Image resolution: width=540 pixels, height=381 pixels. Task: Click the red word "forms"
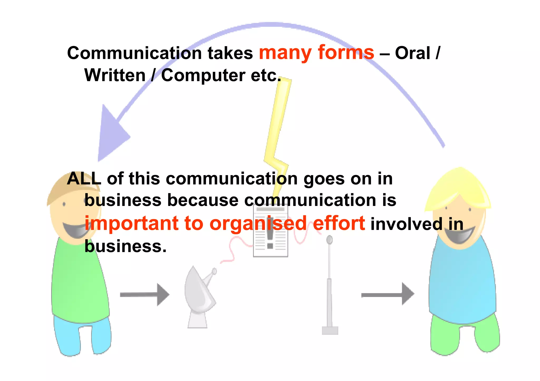[346, 53]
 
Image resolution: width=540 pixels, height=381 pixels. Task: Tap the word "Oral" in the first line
[413, 53]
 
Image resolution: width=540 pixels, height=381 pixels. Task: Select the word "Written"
[115, 75]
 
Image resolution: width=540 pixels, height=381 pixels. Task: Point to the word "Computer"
[203, 76]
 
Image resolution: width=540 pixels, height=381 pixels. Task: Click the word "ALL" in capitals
[84, 179]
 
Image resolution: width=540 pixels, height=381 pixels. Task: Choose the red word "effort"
[339, 224]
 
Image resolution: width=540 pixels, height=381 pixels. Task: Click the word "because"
[203, 200]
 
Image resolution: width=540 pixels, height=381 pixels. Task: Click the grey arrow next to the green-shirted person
[144, 294]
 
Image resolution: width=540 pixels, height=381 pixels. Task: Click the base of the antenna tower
[330, 330]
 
